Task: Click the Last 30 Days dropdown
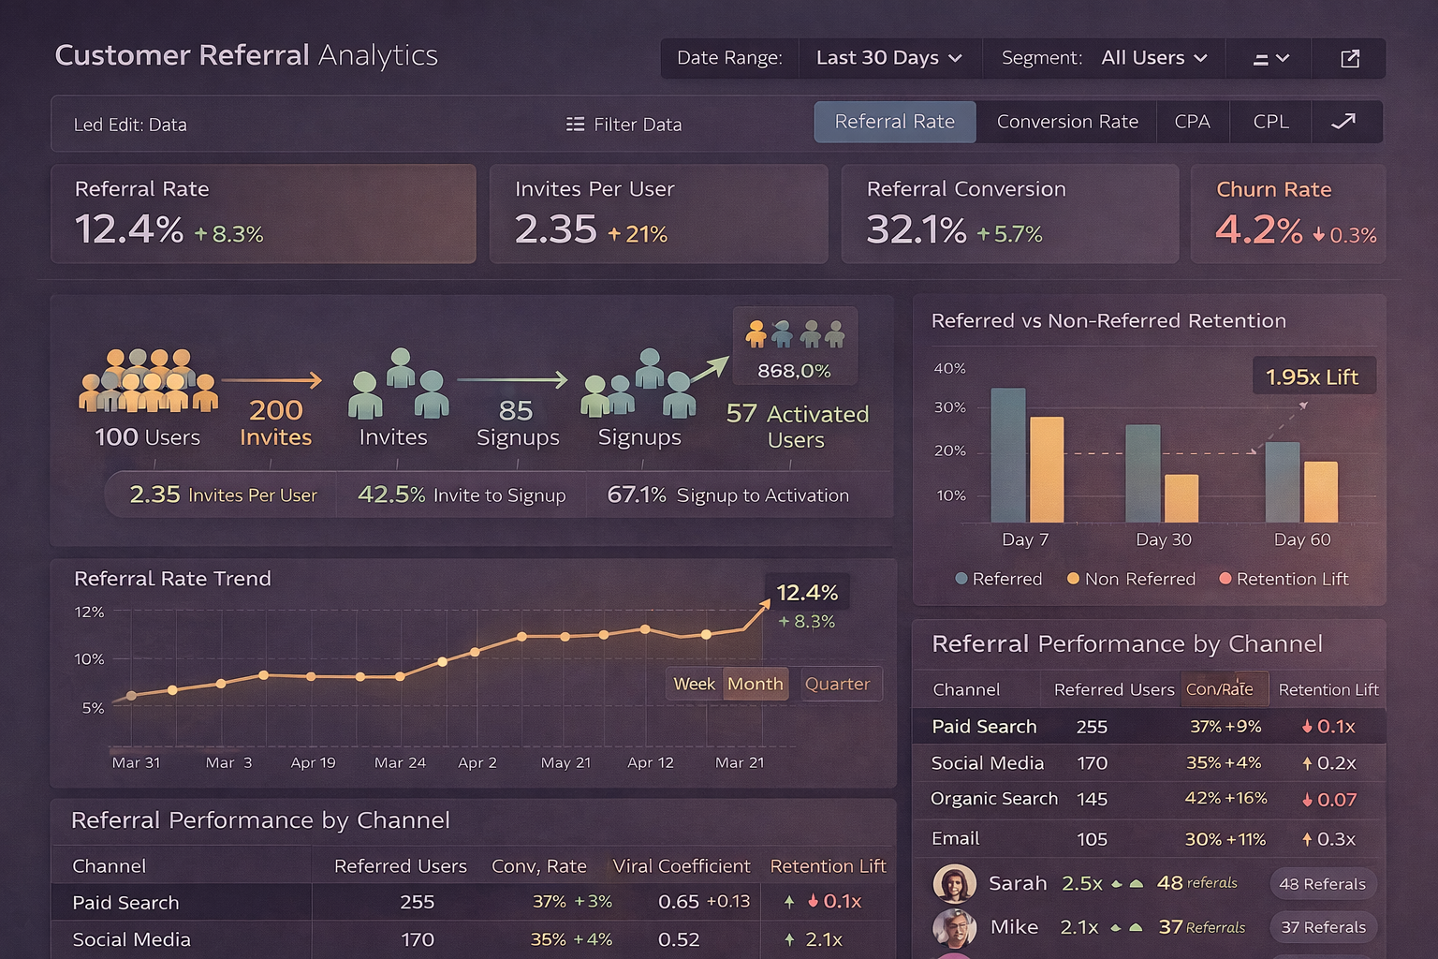coord(888,58)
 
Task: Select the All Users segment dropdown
coord(1153,58)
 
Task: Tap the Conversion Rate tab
coord(1066,122)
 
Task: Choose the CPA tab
coord(1192,122)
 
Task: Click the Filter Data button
coord(624,125)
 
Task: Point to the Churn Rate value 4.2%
coord(1258,230)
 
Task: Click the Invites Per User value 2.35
coord(555,230)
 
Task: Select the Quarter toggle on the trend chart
coord(837,684)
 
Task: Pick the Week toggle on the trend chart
coord(694,684)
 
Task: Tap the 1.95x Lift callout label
coord(1312,376)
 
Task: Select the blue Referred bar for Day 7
coord(1008,455)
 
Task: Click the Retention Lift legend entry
coord(1284,579)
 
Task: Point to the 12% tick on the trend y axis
coord(90,612)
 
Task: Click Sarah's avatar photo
coord(954,883)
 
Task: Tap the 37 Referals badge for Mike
coord(1323,927)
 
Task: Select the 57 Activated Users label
coord(798,426)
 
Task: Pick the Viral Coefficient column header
coord(681,866)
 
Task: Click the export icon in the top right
coord(1349,59)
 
